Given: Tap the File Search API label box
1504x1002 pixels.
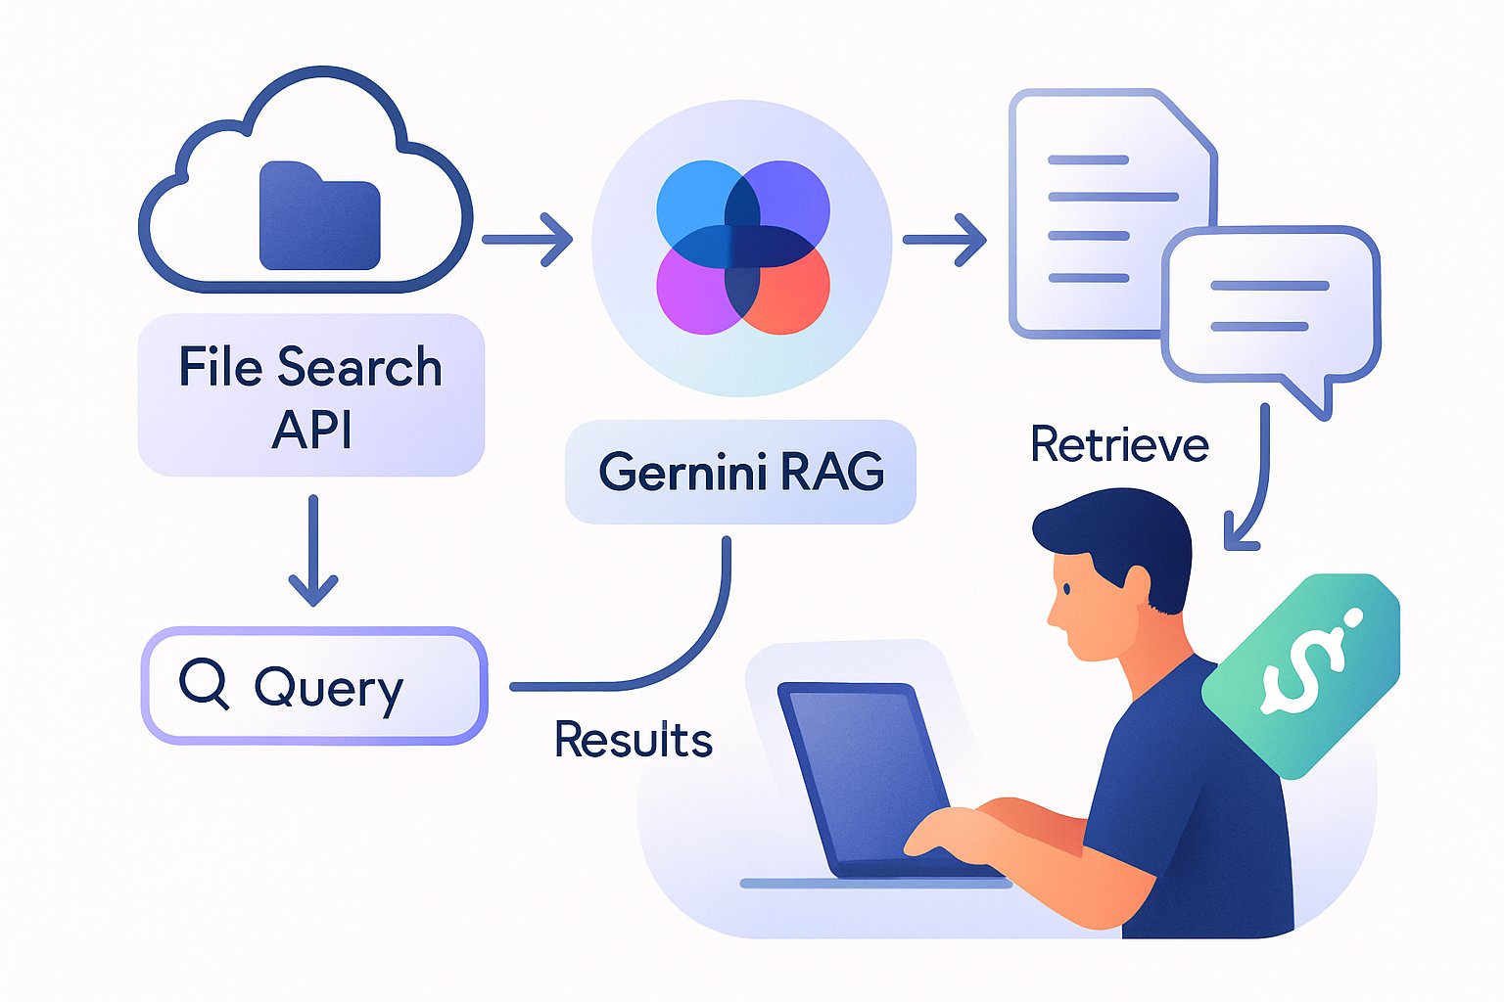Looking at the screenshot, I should point(310,395).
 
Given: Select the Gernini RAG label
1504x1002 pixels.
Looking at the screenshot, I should point(740,472).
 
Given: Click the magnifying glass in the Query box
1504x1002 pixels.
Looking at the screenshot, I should point(205,684).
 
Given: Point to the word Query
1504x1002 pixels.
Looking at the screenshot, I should point(329,688).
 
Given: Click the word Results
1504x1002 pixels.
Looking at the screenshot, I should point(633,739).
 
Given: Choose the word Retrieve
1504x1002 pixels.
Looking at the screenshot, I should point(1119,445).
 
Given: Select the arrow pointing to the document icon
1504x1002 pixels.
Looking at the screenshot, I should point(944,239).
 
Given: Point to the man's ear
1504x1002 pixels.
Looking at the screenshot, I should point(1135,586).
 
